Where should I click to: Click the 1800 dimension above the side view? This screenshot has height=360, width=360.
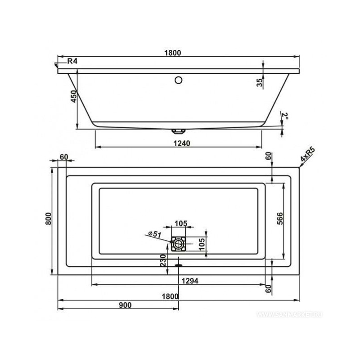pyautogui.click(x=173, y=53)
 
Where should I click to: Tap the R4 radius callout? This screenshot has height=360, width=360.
pyautogui.click(x=72, y=61)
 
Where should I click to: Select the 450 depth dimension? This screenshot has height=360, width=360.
pyautogui.click(x=73, y=96)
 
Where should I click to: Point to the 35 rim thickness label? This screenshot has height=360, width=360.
pyautogui.click(x=259, y=82)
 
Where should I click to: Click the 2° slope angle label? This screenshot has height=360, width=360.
pyautogui.click(x=285, y=116)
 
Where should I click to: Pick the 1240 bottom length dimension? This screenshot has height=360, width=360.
pyautogui.click(x=182, y=143)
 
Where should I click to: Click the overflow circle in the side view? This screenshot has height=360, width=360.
pyautogui.click(x=178, y=80)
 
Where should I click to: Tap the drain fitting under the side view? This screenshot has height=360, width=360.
pyautogui.click(x=178, y=131)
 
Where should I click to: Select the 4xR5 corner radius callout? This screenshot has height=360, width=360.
pyautogui.click(x=308, y=155)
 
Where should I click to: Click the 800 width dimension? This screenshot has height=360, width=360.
pyautogui.click(x=49, y=219)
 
